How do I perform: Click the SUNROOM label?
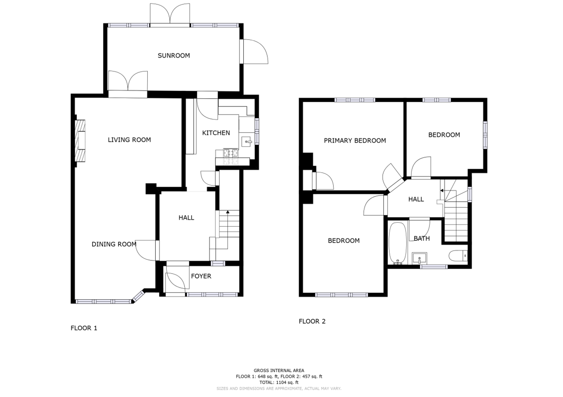(174, 55)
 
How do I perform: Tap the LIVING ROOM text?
(129, 140)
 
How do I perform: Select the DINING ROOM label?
(114, 244)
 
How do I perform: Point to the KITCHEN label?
(216, 133)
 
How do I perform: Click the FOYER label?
(201, 276)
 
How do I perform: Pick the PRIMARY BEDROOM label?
(355, 140)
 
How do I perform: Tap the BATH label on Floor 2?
(422, 238)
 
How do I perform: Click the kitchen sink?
(247, 141)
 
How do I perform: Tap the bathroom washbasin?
(419, 258)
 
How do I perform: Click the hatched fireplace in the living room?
(80, 141)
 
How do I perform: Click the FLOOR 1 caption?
(84, 328)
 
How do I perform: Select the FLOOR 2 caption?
(312, 321)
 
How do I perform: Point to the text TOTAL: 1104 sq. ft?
(279, 382)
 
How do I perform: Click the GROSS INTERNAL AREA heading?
(279, 371)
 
